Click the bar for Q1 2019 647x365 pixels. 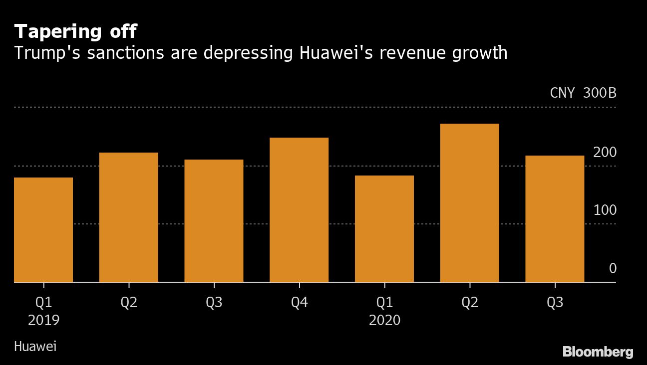(43, 230)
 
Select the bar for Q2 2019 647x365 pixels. (129, 217)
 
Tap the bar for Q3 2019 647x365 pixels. (214, 221)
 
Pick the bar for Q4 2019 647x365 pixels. (299, 210)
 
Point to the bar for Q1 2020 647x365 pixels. (384, 229)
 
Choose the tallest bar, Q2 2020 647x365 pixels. (469, 203)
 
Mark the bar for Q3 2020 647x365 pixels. (555, 219)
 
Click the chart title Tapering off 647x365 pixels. (75, 32)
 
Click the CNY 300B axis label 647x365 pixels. (583, 93)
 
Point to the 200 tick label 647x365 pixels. (605, 152)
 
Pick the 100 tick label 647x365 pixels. (605, 210)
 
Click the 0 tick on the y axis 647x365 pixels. (613, 269)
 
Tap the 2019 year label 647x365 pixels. (43, 320)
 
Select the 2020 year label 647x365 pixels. (384, 320)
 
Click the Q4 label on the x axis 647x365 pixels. (299, 303)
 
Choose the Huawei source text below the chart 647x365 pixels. (35, 346)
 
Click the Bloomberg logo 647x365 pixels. (598, 352)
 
